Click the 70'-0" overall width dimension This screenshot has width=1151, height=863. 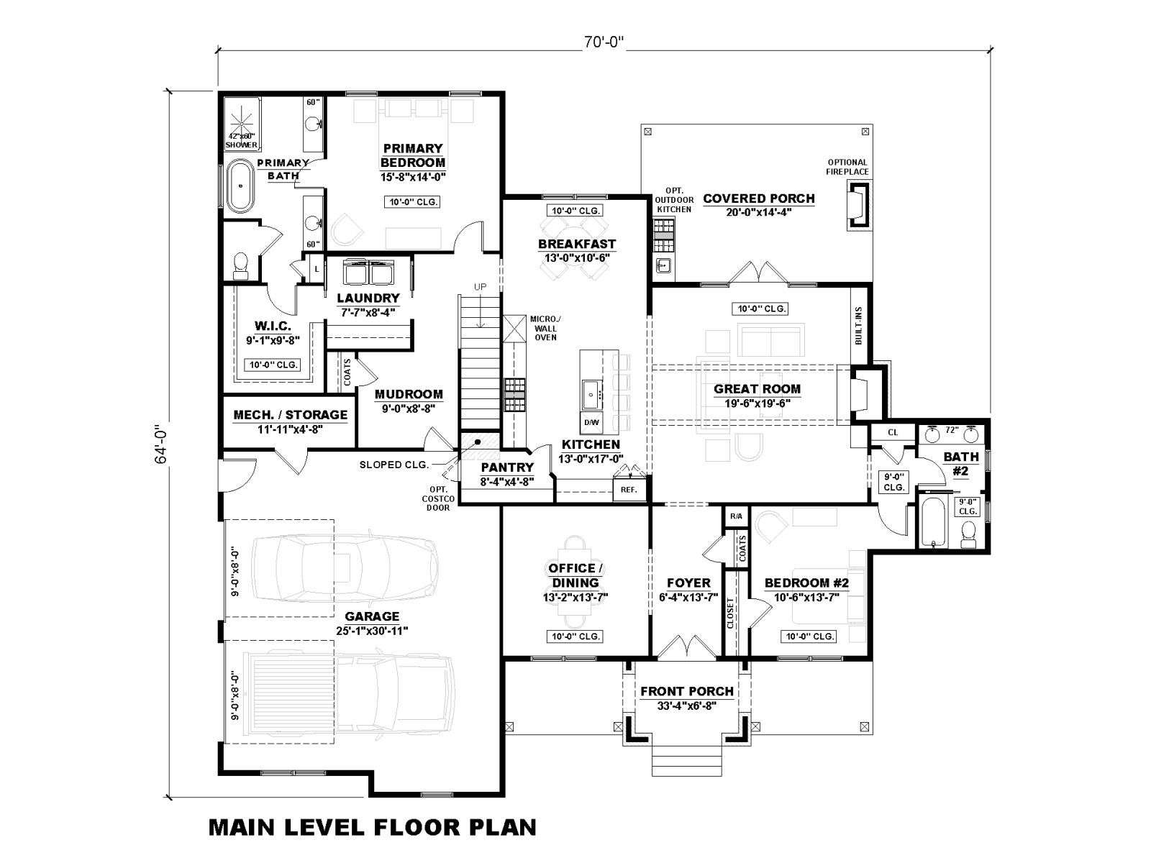pyautogui.click(x=604, y=42)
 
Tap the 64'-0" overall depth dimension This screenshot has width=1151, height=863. pyautogui.click(x=161, y=444)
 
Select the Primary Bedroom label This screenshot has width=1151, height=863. pyautogui.click(x=413, y=155)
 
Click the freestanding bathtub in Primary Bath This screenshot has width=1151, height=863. pyautogui.click(x=241, y=186)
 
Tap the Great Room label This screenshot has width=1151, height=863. pyautogui.click(x=757, y=389)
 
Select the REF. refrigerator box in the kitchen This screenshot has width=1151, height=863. pyautogui.click(x=629, y=490)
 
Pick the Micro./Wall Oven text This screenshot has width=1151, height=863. pyautogui.click(x=545, y=328)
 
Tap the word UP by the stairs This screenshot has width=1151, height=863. pyautogui.click(x=480, y=287)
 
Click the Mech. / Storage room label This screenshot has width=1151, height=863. pyautogui.click(x=291, y=415)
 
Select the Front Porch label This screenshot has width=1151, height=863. pyautogui.click(x=686, y=691)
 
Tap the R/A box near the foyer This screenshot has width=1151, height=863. pyautogui.click(x=736, y=516)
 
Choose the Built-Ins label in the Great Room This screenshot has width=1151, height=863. pyautogui.click(x=858, y=325)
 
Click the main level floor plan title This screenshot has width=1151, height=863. pyautogui.click(x=373, y=827)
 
